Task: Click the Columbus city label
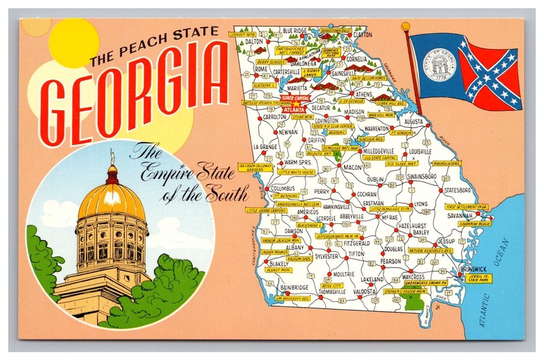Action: pyautogui.click(x=282, y=188)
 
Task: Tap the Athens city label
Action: pyautogui.click(x=364, y=95)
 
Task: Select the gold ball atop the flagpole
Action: pyautogui.click(x=406, y=27)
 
